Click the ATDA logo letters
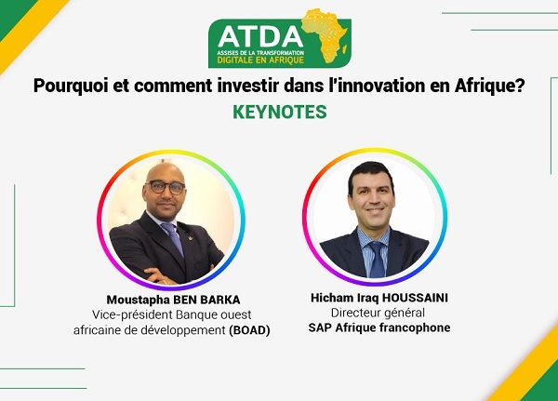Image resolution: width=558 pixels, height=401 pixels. pos(260,36)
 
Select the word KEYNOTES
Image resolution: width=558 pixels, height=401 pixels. pos(280,112)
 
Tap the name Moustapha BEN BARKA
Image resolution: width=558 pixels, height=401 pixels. pos(173,300)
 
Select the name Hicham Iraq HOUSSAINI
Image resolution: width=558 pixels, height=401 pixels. pos(379,298)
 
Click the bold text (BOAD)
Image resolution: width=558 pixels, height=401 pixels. pos(249,330)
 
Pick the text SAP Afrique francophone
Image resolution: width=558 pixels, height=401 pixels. pos(379,327)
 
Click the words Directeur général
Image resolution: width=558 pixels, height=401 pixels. pos(378,313)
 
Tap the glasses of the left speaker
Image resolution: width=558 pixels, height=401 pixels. pos(166,187)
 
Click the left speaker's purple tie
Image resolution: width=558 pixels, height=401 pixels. pos(173,237)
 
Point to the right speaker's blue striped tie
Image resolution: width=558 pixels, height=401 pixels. pos(377,259)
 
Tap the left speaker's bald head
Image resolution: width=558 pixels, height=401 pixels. pos(166,172)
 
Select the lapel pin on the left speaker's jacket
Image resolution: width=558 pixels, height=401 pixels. pos(191,237)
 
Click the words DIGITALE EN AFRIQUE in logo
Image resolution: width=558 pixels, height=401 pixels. pos(260,60)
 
